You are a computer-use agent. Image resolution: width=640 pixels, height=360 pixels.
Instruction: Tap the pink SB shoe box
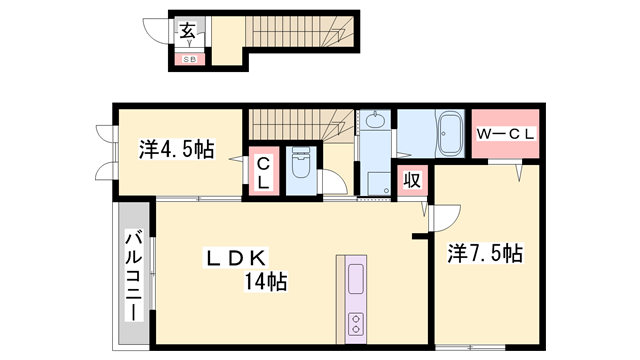pyautogui.click(x=188, y=59)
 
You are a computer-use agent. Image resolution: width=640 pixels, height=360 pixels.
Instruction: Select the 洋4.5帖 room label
pyautogui.click(x=175, y=151)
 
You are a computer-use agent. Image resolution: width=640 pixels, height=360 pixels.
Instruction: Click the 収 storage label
pyautogui.click(x=410, y=181)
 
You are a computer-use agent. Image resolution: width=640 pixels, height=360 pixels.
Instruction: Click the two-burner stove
pyautogui.click(x=356, y=322)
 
